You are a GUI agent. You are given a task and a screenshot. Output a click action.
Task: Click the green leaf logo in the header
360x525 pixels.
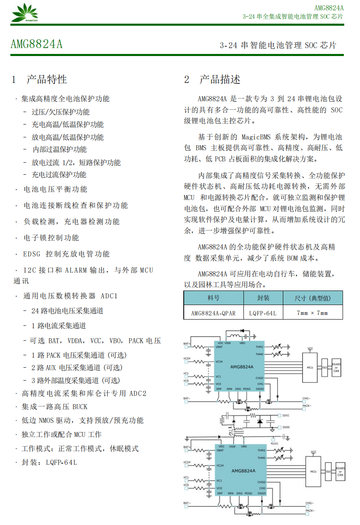[x=24, y=12]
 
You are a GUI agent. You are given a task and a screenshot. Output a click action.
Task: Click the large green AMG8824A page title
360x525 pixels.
[x=36, y=44]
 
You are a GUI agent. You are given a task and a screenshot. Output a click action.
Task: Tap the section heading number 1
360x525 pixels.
[x=14, y=79]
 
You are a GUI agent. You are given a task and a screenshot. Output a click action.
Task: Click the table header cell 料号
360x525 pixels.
[x=214, y=298]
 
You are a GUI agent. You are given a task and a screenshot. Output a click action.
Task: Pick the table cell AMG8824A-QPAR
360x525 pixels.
[x=213, y=313]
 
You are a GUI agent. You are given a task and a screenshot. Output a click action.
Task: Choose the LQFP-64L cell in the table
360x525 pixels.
[x=263, y=313]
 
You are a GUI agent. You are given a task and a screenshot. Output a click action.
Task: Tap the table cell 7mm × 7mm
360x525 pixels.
[x=312, y=313]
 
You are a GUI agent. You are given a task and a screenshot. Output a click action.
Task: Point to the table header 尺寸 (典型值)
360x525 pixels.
[x=312, y=298]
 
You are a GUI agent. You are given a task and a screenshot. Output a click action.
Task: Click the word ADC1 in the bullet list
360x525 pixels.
[x=109, y=296]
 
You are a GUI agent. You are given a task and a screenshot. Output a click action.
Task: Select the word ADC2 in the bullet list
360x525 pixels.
[x=138, y=393]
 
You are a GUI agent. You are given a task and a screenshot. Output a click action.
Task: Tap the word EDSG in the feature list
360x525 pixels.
[x=32, y=254]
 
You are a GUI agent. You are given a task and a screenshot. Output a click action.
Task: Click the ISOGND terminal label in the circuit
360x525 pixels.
[x=286, y=427]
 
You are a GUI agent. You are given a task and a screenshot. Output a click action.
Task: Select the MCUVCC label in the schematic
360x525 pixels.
[x=274, y=443]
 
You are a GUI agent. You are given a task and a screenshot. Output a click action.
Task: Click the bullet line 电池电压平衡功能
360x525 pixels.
[x=55, y=189]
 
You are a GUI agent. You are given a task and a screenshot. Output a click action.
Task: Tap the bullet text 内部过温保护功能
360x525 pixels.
[x=59, y=149]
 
